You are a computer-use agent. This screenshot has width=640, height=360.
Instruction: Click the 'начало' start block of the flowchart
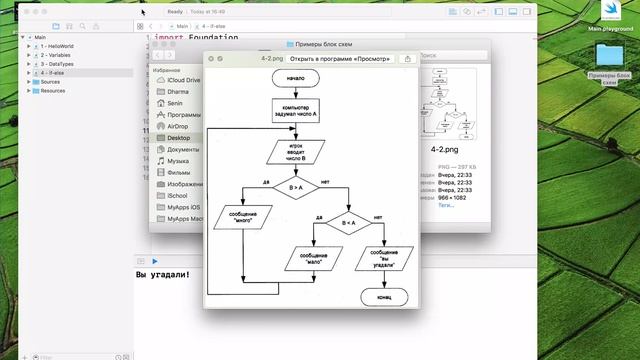point(301,76)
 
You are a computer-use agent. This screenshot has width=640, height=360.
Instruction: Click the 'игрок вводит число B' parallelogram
point(292,152)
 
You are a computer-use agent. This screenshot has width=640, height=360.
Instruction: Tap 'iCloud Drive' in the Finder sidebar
point(184,80)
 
